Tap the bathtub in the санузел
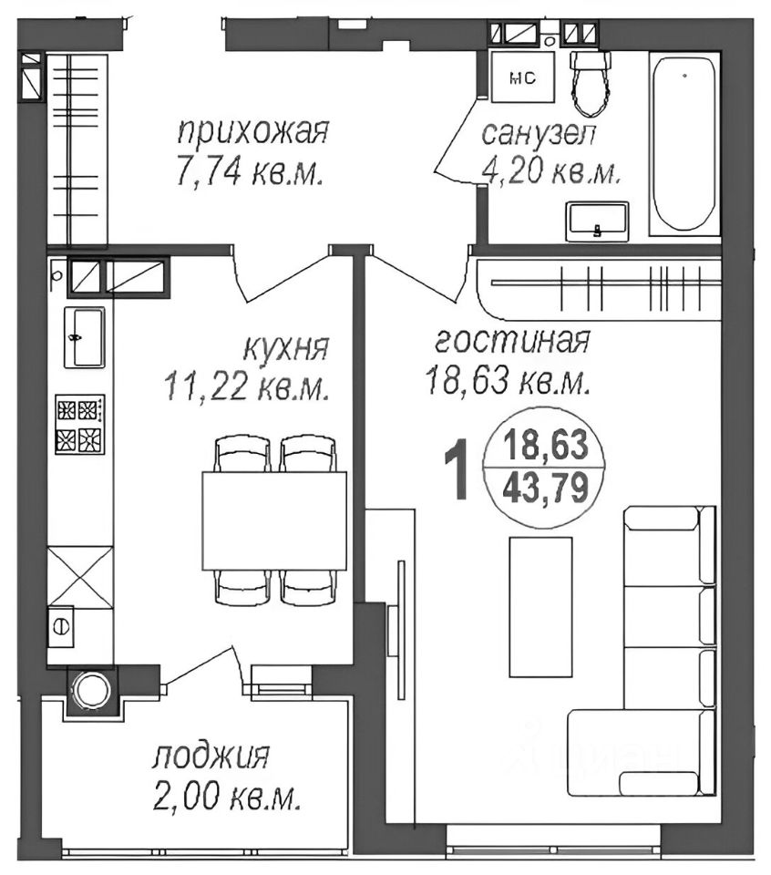[x=684, y=144]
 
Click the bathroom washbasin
[x=597, y=221]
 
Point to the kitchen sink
[x=84, y=337]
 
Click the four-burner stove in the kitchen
[x=79, y=424]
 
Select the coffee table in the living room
[x=540, y=606]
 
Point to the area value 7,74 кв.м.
[x=251, y=172]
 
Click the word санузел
[x=539, y=134]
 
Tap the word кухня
[x=285, y=348]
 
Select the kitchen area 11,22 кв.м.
[x=246, y=388]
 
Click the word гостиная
[x=512, y=341]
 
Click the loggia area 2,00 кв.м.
[x=228, y=799]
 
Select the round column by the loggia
[x=89, y=689]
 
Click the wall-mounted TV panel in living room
[x=399, y=629]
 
